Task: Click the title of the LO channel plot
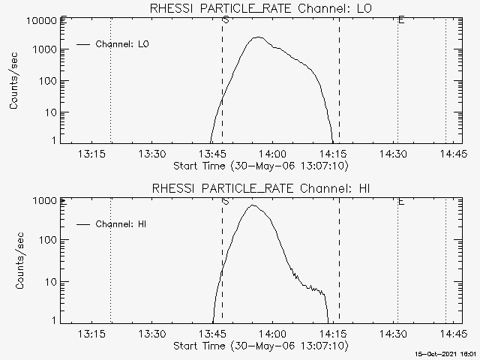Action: pos(260,8)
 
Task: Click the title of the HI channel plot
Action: pos(260,188)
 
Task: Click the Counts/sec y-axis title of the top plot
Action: pos(15,81)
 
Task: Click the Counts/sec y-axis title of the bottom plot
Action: pos(15,261)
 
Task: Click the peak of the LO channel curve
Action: pos(257,37)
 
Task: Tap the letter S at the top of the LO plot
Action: pos(225,19)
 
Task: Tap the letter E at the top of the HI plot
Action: pos(401,201)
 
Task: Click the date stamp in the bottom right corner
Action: pos(448,353)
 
